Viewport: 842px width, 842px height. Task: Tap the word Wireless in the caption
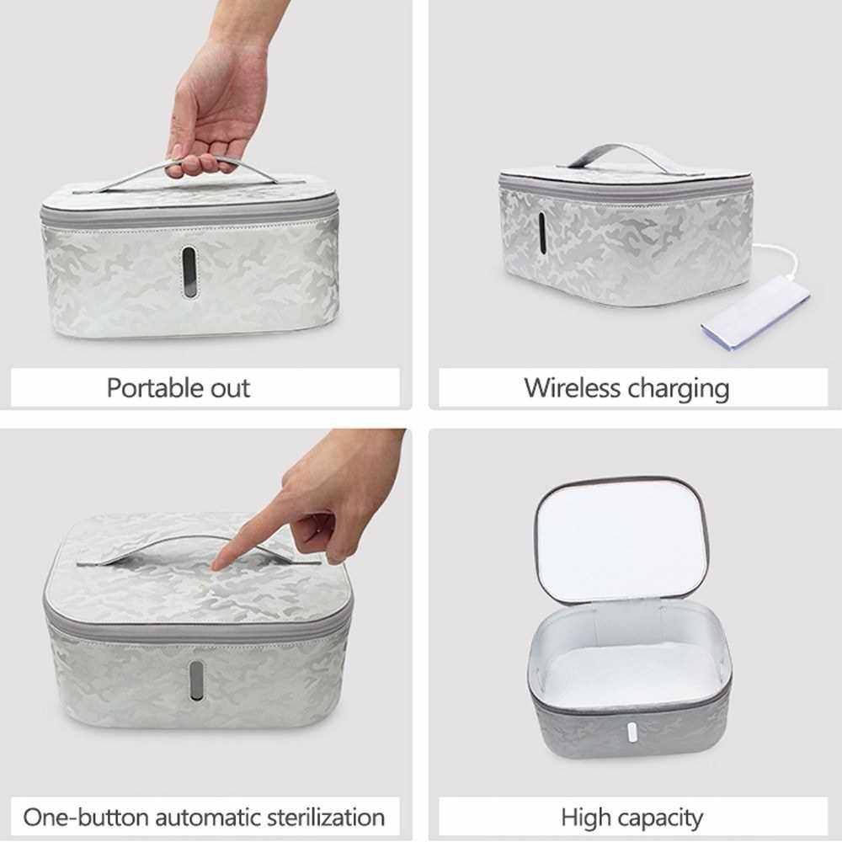click(x=572, y=387)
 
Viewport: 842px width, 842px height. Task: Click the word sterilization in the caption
click(x=326, y=818)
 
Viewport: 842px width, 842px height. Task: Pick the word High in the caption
click(x=585, y=818)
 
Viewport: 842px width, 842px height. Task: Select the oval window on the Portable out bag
click(x=189, y=272)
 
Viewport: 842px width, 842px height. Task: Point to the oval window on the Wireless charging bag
click(x=541, y=233)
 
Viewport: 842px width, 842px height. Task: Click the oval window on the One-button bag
click(x=196, y=679)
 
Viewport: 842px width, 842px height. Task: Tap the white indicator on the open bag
click(x=631, y=733)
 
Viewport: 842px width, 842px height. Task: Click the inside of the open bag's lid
click(x=621, y=542)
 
